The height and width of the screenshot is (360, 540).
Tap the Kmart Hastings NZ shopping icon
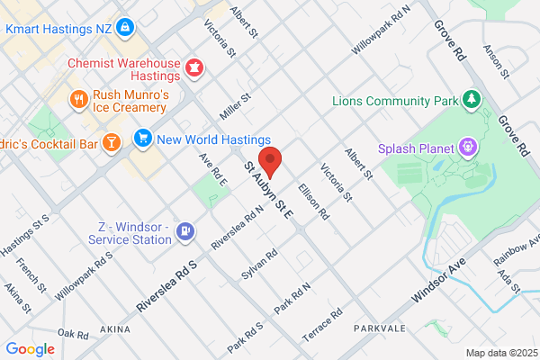125,29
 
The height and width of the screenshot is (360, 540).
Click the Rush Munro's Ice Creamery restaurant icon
80,99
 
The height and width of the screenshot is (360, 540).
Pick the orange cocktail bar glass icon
111,141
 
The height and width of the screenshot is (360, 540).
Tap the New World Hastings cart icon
142,139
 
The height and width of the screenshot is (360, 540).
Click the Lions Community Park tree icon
470,98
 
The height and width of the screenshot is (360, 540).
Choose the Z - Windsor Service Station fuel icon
185,232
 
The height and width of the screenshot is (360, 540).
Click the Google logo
31,349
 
